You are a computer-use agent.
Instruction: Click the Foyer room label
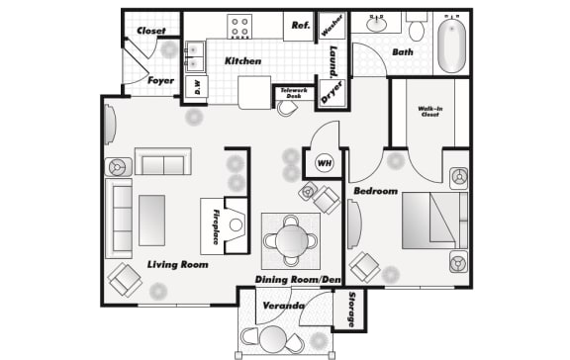161,80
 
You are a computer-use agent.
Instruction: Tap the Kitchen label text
242,61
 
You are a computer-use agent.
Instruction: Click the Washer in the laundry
331,28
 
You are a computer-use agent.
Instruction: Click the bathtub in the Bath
452,44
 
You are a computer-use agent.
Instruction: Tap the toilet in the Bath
416,29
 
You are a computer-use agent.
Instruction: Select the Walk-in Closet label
429,113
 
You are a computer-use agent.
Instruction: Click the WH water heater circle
323,163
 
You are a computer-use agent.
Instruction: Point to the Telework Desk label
292,92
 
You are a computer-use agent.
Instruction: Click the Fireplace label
215,226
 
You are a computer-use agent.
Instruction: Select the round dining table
291,239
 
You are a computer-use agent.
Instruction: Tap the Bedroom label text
375,190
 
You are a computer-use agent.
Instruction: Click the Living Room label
177,265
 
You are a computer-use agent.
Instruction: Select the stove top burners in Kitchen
240,26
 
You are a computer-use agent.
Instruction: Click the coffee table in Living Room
151,220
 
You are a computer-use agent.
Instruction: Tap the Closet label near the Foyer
151,31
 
